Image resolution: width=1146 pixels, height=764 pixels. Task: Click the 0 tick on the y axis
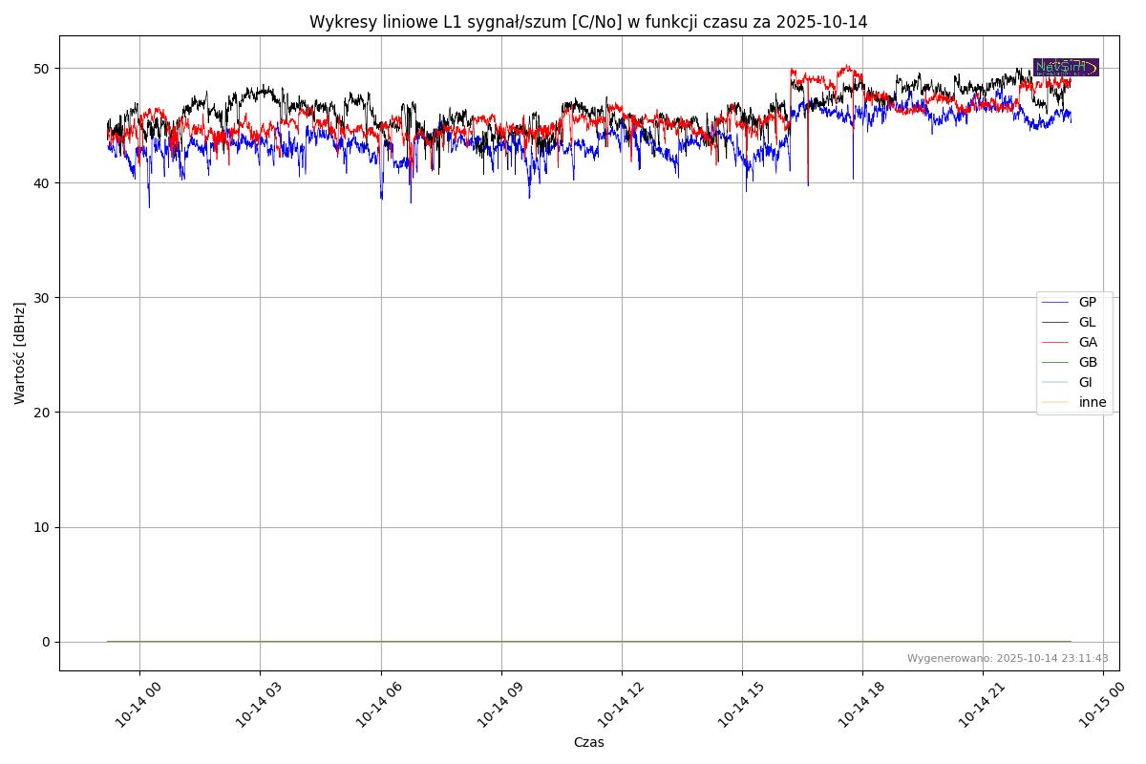point(45,642)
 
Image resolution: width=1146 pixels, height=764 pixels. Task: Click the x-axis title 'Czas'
point(588,742)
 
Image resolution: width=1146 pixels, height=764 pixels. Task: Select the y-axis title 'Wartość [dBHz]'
point(20,353)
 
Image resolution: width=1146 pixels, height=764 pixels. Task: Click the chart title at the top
point(588,22)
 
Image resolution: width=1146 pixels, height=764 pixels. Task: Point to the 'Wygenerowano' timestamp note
point(1008,658)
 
